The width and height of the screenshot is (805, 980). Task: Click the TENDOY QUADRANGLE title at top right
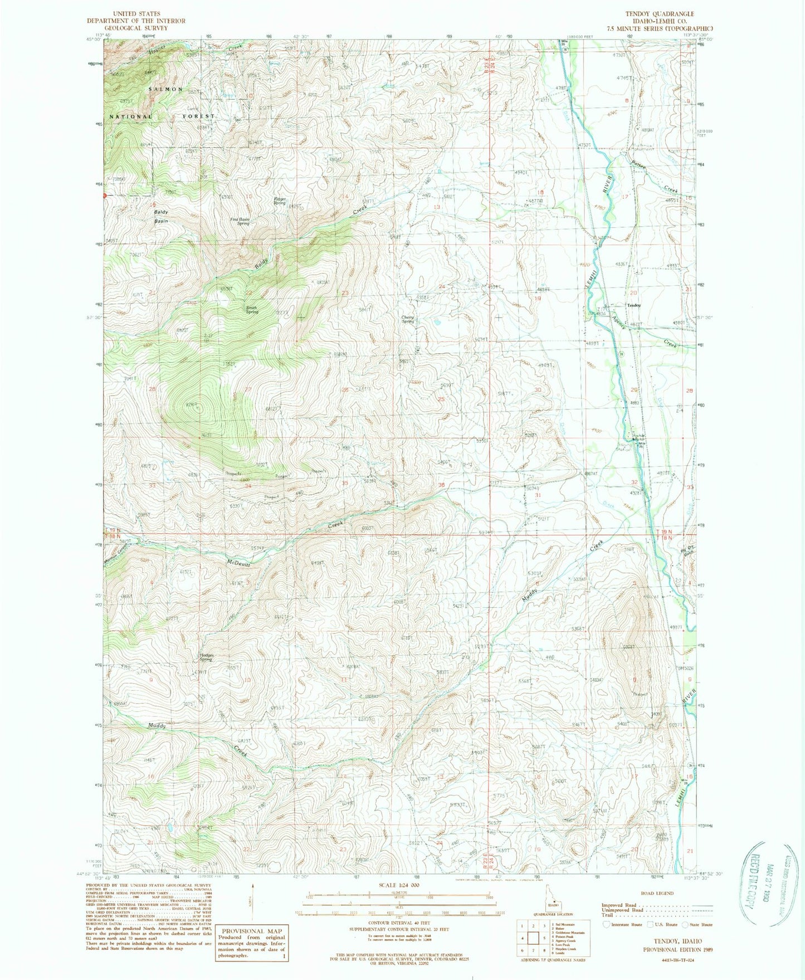[660, 14]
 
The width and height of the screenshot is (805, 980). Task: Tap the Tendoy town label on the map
[634, 305]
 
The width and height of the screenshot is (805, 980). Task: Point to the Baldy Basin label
[162, 216]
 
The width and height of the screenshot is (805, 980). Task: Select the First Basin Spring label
[240, 221]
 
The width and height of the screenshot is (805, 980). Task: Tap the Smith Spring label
[252, 310]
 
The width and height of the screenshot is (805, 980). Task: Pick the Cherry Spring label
[408, 320]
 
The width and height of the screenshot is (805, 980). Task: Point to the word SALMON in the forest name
[165, 89]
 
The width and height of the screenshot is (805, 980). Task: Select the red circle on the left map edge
[104, 196]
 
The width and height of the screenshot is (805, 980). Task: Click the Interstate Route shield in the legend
[607, 924]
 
